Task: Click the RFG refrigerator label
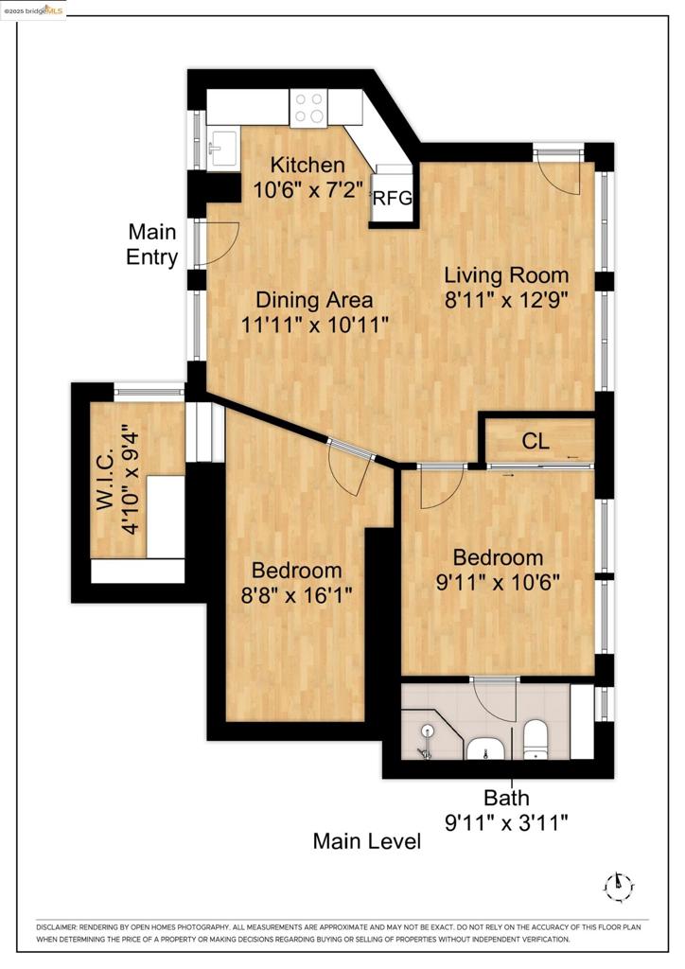pos(393,198)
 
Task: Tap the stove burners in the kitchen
pos(308,108)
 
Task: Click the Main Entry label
pos(152,244)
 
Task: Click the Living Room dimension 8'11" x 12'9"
pos(506,300)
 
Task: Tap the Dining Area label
pos(314,300)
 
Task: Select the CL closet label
pos(535,441)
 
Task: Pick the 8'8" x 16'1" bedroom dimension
pos(296,595)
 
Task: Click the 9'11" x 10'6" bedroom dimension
pos(498,582)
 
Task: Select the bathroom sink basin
pos(486,749)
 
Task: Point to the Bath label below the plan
pos(506,798)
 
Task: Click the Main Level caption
pos(367,841)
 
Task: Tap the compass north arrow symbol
pos(618,887)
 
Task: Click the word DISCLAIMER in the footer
pos(56,927)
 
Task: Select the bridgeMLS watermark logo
pos(33,9)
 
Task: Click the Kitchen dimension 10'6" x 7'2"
pos(307,189)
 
